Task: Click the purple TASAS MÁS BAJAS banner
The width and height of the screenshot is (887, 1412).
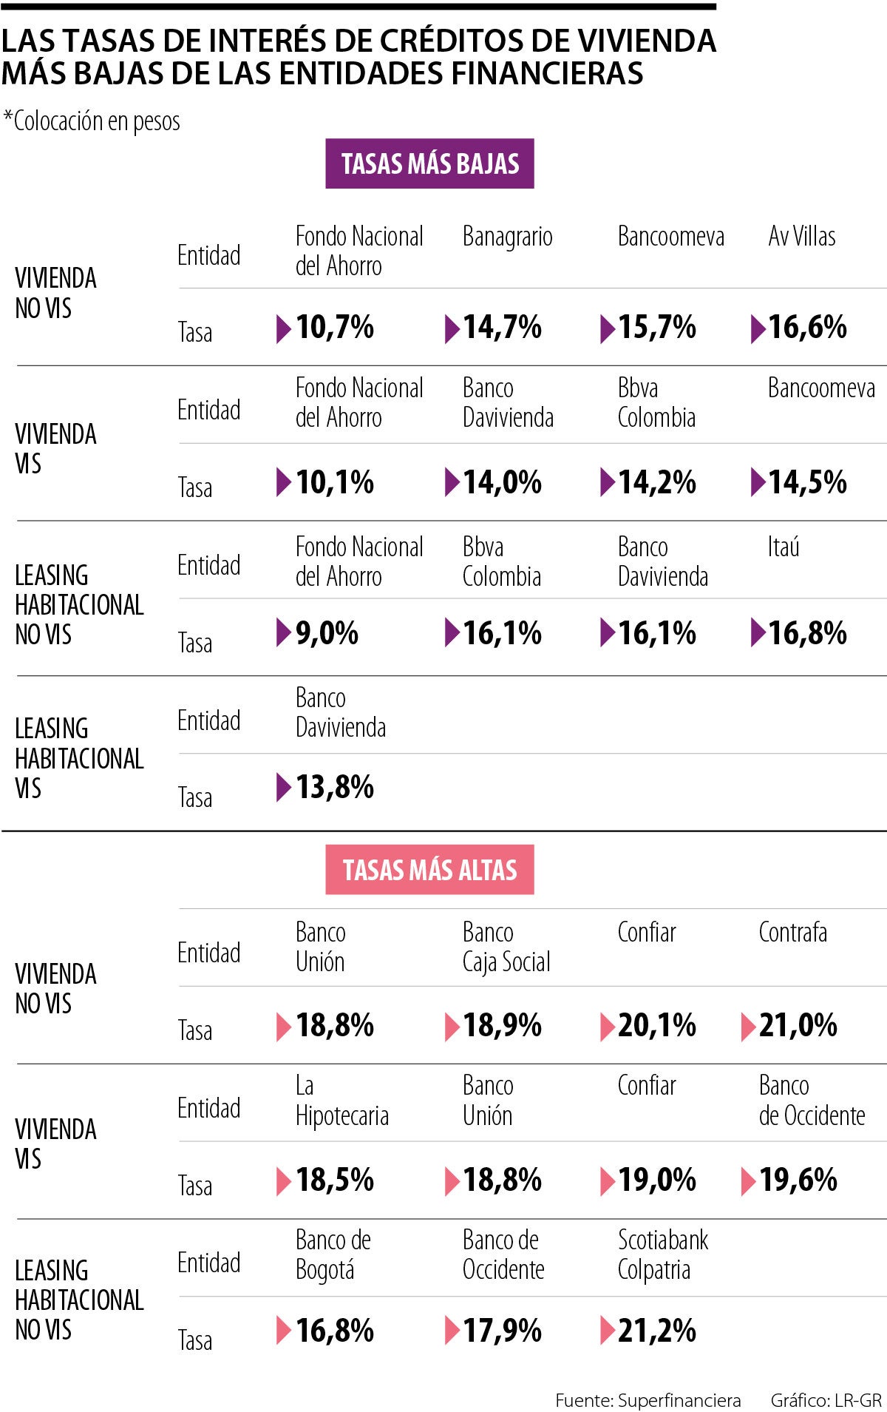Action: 429,163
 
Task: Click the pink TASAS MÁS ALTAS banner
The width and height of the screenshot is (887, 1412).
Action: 429,870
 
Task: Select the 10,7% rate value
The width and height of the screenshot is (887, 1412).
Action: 334,327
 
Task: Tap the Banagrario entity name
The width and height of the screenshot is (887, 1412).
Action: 507,237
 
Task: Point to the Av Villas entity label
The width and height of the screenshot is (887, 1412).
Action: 801,237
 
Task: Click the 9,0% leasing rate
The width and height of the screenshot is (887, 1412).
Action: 327,633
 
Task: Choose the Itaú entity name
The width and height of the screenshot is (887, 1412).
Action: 783,547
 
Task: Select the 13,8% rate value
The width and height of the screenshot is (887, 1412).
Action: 334,787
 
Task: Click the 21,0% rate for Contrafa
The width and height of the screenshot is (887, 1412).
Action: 798,1025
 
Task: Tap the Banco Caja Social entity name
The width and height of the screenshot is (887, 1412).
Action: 506,947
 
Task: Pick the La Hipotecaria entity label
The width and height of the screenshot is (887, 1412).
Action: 341,1101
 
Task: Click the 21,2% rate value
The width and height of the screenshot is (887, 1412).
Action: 656,1330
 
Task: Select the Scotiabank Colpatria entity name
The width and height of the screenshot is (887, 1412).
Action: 662,1254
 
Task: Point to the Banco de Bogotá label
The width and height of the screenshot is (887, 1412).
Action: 333,1254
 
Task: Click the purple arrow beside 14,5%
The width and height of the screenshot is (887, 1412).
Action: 758,482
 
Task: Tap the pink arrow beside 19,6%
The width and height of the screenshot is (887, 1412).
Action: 748,1180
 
